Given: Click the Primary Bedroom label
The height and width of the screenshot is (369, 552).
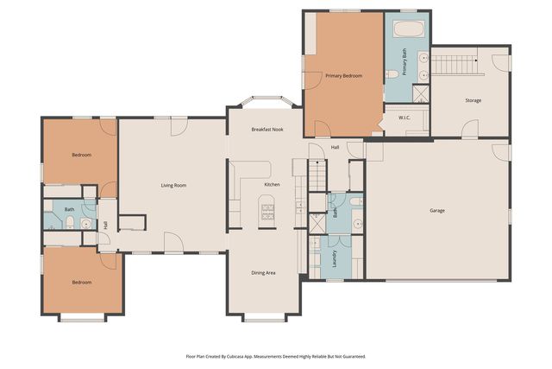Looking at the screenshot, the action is [x=343, y=76].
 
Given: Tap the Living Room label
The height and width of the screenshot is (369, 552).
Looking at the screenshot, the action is [x=173, y=186].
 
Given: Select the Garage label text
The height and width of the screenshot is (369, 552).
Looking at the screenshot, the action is [x=437, y=211].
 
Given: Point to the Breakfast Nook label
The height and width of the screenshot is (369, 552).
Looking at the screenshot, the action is [x=267, y=130].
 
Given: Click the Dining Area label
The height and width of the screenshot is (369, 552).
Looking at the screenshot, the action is [x=263, y=273].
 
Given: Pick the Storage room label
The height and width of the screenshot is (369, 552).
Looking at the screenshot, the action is [x=474, y=100].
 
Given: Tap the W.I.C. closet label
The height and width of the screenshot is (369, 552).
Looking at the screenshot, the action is [x=405, y=118].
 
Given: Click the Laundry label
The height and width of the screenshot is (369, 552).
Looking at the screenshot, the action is [x=335, y=258].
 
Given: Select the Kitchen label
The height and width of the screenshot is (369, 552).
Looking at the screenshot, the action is [x=273, y=185].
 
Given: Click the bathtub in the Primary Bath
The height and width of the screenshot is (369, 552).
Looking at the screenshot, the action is [x=408, y=29].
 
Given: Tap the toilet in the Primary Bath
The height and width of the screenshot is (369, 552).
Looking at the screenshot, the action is [x=392, y=74].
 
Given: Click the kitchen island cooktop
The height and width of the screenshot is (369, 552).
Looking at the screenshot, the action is [x=267, y=212].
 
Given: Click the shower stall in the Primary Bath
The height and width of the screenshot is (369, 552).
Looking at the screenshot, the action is [x=421, y=94].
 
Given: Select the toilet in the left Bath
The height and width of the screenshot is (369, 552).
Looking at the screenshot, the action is [x=70, y=222].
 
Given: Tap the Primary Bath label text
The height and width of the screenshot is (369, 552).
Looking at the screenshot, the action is [x=405, y=61].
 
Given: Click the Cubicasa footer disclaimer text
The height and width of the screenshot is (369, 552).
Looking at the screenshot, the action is [x=276, y=357].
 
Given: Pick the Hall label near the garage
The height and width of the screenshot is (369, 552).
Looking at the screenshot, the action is [x=336, y=147].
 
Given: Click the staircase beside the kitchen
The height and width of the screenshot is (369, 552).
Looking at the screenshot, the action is [x=318, y=175].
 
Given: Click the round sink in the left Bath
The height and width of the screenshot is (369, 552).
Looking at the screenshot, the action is [x=86, y=224].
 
